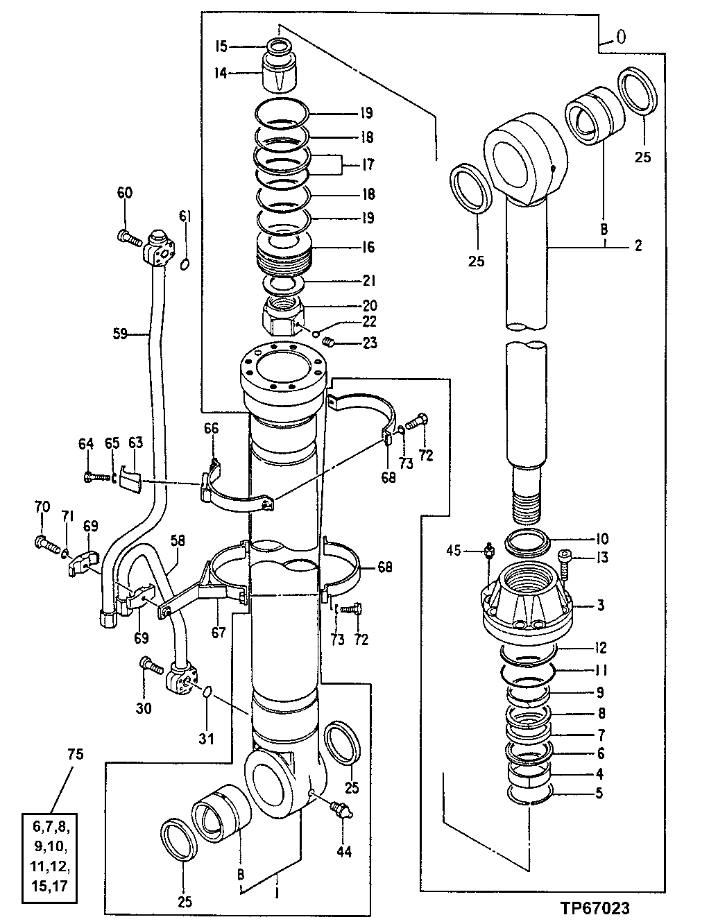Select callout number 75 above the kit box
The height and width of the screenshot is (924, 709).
(76, 754)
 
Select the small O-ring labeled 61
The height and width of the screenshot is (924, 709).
(185, 265)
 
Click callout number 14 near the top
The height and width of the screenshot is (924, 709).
(221, 71)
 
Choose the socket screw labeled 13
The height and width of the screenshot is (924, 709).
(565, 559)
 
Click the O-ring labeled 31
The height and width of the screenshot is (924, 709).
(207, 692)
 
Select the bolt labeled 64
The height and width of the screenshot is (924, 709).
(95, 477)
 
